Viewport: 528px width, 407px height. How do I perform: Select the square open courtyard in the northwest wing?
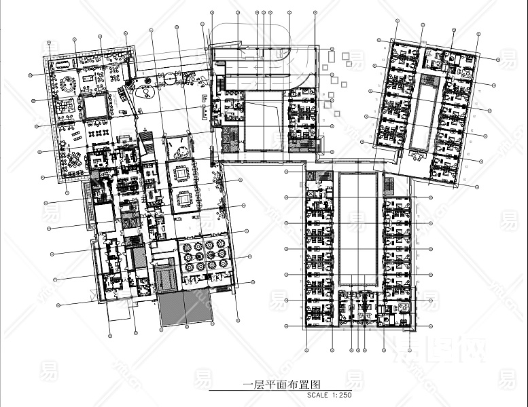(x=94, y=106)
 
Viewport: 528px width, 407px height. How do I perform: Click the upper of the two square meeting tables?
(x=181, y=173)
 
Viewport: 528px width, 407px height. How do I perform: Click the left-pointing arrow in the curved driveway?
(x=241, y=50)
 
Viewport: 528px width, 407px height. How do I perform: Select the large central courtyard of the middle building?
(x=262, y=125)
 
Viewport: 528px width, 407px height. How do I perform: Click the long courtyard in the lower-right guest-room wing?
(x=359, y=228)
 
